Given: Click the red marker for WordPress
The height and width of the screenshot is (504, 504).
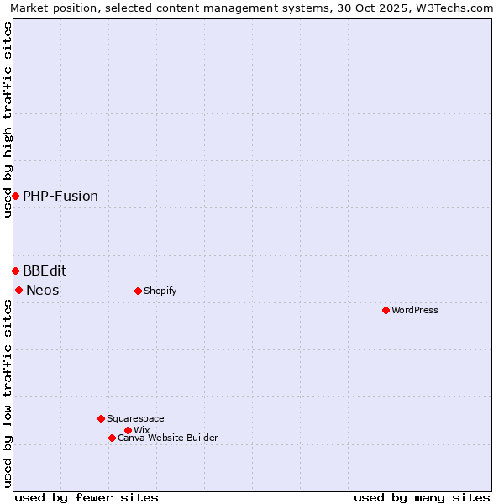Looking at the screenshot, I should (x=386, y=311).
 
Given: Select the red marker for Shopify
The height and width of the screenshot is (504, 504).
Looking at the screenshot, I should (x=138, y=291).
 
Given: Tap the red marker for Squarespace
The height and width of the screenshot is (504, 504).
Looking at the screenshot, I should (x=101, y=418).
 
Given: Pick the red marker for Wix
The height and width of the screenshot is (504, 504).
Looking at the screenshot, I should (x=128, y=430).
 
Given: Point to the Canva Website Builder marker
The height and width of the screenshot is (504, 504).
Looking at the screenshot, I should (x=112, y=438).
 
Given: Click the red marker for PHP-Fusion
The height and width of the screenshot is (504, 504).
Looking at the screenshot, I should (x=15, y=197).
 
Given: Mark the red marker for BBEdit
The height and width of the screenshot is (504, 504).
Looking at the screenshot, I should (x=15, y=270).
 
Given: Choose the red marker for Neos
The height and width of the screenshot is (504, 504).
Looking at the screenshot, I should (x=18, y=291).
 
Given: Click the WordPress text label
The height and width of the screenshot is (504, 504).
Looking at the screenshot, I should (x=415, y=311).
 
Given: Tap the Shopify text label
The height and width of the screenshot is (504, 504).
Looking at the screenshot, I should (x=160, y=291).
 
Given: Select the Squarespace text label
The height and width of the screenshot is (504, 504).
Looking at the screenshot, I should (x=135, y=418).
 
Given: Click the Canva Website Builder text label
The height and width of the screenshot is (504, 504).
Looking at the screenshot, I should (x=168, y=438).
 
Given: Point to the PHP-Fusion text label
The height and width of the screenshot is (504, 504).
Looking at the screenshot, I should (x=60, y=197).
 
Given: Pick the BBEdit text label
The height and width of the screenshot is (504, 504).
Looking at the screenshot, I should (x=45, y=270).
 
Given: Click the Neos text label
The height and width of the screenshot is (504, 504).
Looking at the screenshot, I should (x=43, y=291).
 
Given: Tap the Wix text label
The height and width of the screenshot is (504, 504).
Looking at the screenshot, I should (x=142, y=430).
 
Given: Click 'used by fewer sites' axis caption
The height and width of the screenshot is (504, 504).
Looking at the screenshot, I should (x=87, y=497).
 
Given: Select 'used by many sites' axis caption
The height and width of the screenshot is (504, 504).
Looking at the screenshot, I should (x=422, y=497).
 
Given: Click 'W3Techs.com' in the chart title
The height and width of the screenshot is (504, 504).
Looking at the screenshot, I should (x=458, y=8).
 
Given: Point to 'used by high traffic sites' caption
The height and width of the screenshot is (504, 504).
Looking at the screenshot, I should (x=8, y=119).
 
